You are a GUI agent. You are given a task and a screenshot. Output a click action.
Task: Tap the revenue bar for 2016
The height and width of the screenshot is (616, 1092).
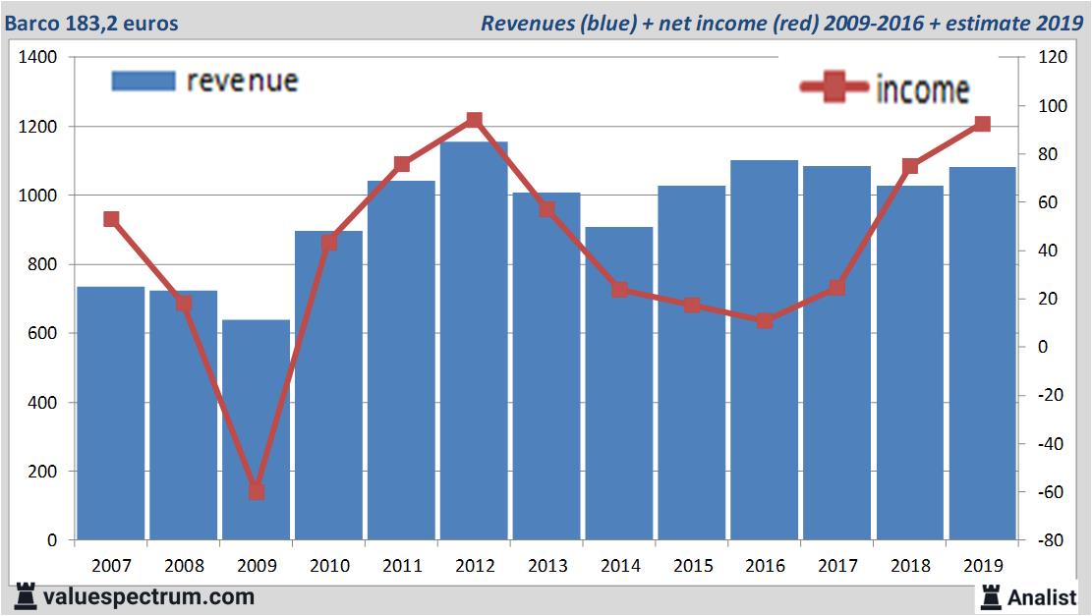pos(765,350)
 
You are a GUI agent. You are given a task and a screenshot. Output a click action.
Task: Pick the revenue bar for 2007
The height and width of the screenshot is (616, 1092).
pos(111,413)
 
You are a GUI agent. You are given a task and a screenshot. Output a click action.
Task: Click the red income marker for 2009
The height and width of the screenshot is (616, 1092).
pos(256,491)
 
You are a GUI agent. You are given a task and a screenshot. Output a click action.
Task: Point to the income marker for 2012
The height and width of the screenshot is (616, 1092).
pos(474,120)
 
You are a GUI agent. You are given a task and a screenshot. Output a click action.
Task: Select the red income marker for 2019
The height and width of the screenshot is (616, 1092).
pos(982,124)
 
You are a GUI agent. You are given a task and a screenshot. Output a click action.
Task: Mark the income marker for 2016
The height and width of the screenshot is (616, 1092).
pos(765,320)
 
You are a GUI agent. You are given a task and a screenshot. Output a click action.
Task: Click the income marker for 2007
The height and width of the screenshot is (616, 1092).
pos(111,219)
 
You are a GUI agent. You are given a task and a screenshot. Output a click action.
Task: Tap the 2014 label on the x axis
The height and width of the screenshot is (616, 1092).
pos(619,566)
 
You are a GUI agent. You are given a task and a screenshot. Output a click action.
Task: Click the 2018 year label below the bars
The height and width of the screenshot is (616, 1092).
pos(910,566)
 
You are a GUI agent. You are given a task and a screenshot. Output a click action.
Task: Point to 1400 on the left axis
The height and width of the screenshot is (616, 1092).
pos(38,58)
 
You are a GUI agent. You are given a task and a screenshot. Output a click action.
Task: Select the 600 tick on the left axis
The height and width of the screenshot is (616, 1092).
pos(44,334)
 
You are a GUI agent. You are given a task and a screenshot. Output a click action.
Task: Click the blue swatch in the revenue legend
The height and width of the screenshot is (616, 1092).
pos(144,81)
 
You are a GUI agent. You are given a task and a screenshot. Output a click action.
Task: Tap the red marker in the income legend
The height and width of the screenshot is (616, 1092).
pos(834,88)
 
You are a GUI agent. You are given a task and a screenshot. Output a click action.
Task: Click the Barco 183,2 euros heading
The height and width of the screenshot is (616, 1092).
pos(91,23)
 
